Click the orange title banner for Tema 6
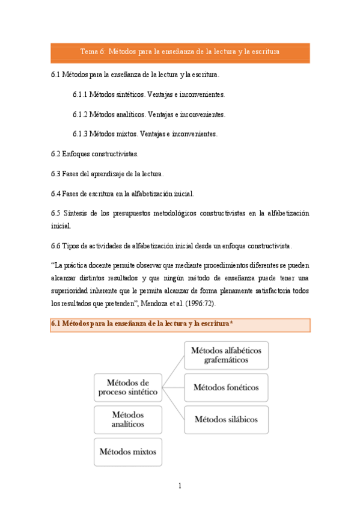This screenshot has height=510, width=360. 180,52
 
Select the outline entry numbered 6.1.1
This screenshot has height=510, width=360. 148,94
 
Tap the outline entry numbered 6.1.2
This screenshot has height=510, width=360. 148,114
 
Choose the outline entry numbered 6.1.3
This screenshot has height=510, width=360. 144,133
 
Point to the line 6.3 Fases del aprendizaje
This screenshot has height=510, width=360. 107,174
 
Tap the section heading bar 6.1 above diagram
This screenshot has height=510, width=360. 180,325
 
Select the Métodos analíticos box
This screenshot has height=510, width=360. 128,419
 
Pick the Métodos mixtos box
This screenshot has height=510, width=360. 128,451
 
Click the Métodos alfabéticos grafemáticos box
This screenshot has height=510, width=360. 226,355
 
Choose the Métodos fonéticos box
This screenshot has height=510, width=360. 226,387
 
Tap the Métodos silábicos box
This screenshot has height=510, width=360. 226,419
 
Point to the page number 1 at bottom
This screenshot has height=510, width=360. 180,486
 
